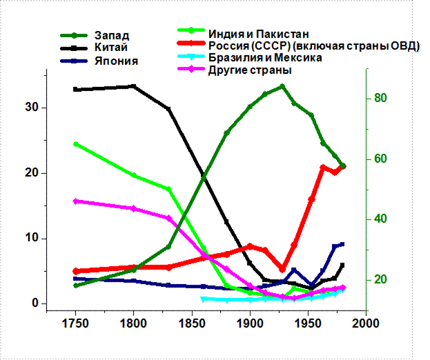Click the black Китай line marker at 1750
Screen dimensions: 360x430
76,90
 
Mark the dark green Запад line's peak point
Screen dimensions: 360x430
282,87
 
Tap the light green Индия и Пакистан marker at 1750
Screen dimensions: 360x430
76,144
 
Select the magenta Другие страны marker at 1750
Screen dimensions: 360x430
76,201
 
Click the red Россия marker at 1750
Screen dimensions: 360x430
76,271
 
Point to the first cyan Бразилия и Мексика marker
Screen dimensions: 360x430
203,299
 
